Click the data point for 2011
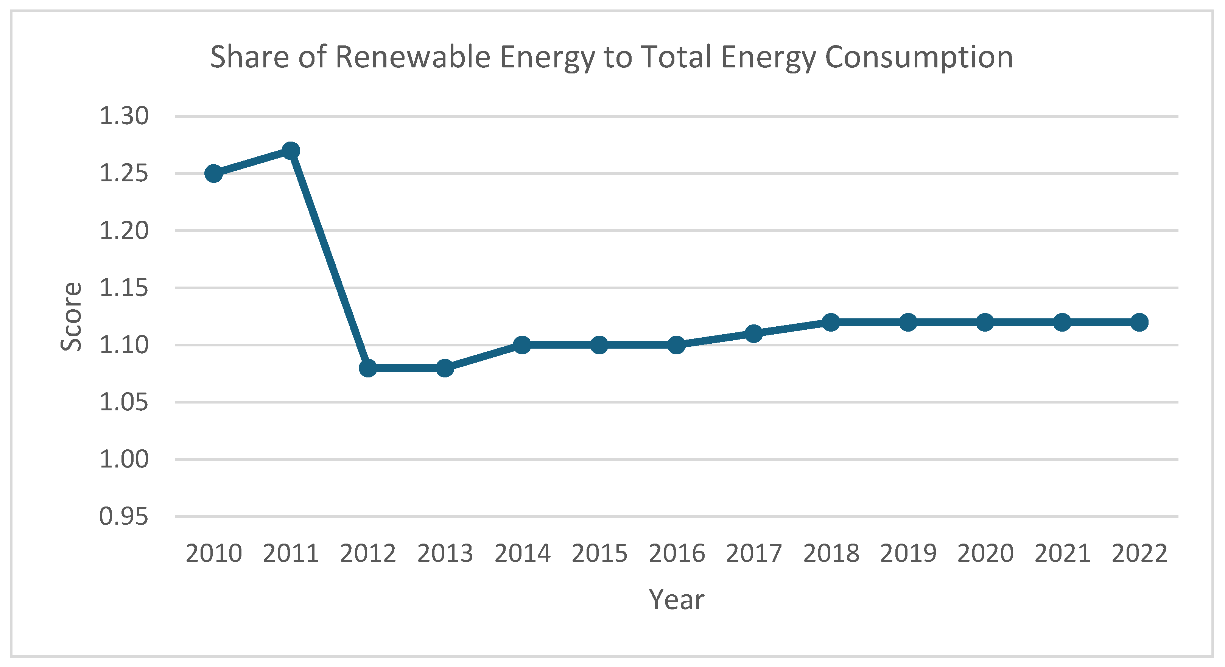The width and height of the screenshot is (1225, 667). click(x=291, y=151)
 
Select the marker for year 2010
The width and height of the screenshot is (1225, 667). click(x=213, y=174)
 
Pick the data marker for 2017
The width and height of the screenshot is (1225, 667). click(x=754, y=333)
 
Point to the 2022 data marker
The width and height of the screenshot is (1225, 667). click(x=1139, y=322)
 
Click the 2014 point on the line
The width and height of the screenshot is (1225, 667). click(x=522, y=345)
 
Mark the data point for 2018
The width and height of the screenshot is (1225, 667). click(x=831, y=322)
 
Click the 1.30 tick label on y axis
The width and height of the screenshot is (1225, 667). click(x=124, y=116)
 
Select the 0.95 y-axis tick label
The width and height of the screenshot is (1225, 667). click(x=124, y=517)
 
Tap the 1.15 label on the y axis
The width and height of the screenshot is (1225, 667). click(x=124, y=288)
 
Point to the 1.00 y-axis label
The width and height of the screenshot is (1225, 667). click(x=124, y=460)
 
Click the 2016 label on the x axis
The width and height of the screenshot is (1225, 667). click(x=676, y=553)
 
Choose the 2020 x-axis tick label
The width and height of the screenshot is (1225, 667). click(x=985, y=553)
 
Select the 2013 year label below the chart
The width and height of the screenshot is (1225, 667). click(x=445, y=553)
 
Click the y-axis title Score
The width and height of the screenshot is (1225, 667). click(x=71, y=316)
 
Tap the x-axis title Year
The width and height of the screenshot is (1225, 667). click(x=676, y=600)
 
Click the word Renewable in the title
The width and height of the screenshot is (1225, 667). click(x=413, y=57)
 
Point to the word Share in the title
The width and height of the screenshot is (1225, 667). click(x=250, y=57)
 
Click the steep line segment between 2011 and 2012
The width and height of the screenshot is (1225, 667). click(x=329, y=259)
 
